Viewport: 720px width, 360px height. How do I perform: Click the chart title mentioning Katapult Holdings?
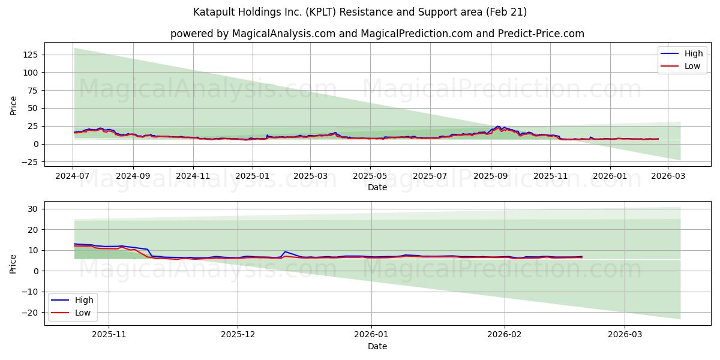point(360,12)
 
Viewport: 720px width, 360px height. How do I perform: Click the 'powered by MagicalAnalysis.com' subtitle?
point(377,34)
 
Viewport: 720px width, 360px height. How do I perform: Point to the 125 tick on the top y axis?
point(30,55)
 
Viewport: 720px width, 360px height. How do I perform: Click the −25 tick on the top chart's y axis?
point(29,162)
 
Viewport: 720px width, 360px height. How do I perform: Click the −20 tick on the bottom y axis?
point(30,313)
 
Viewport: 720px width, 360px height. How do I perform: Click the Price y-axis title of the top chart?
point(14,105)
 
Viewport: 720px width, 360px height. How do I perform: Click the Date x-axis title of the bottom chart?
point(377,346)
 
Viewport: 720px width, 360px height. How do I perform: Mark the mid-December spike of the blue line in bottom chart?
point(285,251)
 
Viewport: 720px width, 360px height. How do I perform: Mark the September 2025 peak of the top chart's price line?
point(497,127)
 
